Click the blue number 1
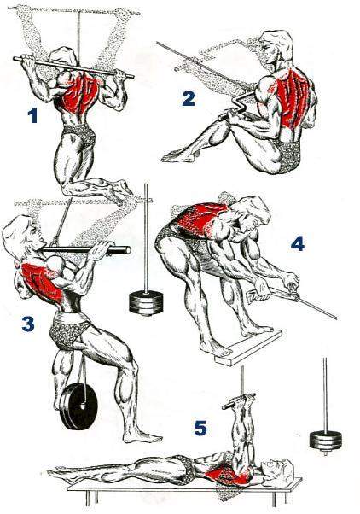tap(32, 116)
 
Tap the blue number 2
tap(189, 98)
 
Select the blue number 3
tap(28, 324)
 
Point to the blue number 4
tap(298, 244)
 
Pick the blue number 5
tap(200, 428)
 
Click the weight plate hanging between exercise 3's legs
tap(78, 406)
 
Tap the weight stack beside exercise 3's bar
tap(146, 302)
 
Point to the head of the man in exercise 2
tap(276, 48)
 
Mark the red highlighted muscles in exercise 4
tap(201, 219)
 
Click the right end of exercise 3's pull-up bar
tap(127, 251)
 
